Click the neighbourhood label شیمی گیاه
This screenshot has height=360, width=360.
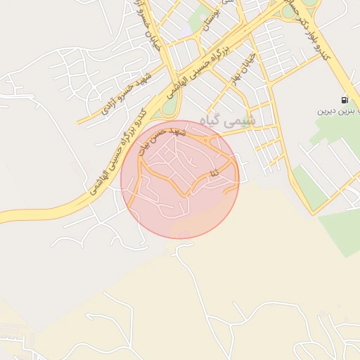tap(230, 121)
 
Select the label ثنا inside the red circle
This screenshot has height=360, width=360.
tap(214, 172)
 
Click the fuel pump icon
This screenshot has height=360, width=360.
tap(344, 101)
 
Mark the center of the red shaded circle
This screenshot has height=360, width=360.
tap(180, 179)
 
